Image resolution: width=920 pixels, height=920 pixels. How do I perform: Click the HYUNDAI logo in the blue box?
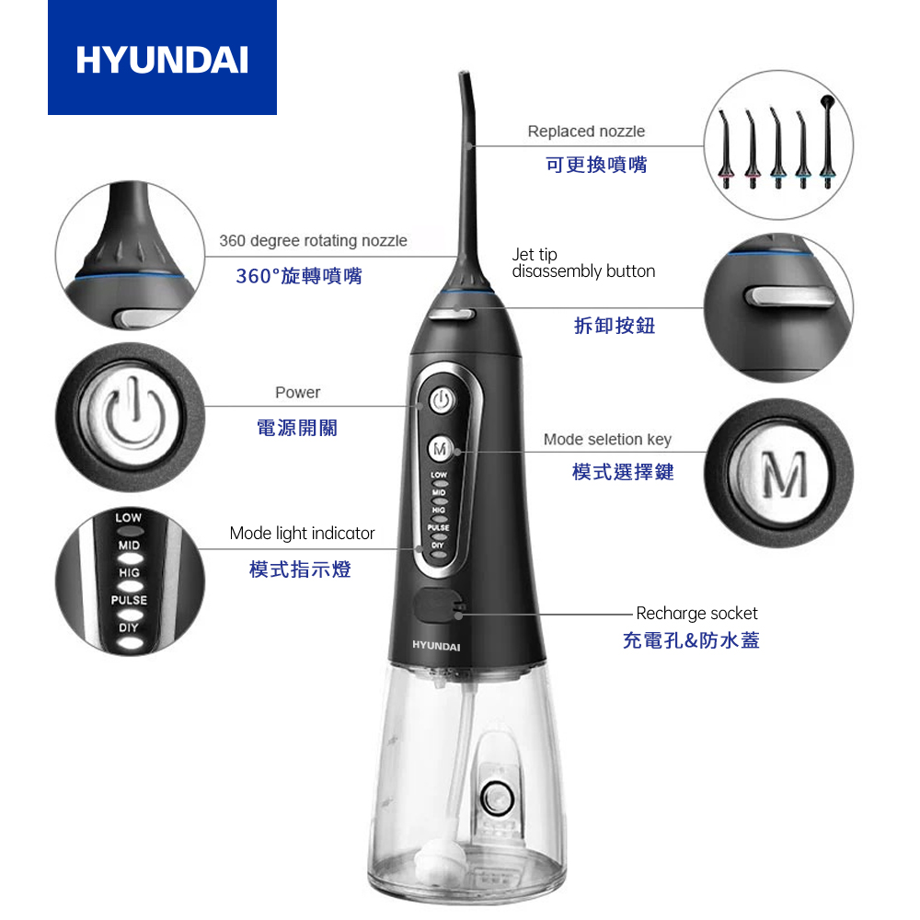click(162, 60)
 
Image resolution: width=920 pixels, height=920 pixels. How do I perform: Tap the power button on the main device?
click(442, 401)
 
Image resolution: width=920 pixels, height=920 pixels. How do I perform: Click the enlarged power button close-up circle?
click(131, 417)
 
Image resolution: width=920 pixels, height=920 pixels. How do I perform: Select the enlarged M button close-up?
click(778, 473)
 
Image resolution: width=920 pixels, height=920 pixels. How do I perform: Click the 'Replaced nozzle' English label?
click(586, 132)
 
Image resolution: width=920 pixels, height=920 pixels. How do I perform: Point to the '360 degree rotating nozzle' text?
click(314, 240)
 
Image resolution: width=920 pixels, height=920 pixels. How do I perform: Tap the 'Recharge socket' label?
click(696, 614)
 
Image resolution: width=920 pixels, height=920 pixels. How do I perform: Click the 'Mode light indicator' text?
click(302, 534)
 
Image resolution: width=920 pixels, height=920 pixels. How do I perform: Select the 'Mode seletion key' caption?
click(607, 440)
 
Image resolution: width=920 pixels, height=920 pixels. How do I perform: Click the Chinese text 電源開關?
click(297, 428)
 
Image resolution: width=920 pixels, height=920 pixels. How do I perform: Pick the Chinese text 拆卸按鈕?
click(615, 325)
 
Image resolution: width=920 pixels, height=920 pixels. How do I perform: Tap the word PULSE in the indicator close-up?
click(129, 600)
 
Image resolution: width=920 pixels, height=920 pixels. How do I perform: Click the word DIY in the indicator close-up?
click(129, 627)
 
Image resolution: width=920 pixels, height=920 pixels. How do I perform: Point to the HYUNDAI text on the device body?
click(436, 646)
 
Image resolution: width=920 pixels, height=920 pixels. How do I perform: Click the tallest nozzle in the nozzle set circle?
click(827, 141)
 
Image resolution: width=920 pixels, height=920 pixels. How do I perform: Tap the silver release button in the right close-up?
click(788, 296)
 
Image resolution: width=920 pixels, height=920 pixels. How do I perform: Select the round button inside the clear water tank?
click(497, 798)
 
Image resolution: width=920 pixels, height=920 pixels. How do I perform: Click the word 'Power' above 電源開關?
click(297, 393)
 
